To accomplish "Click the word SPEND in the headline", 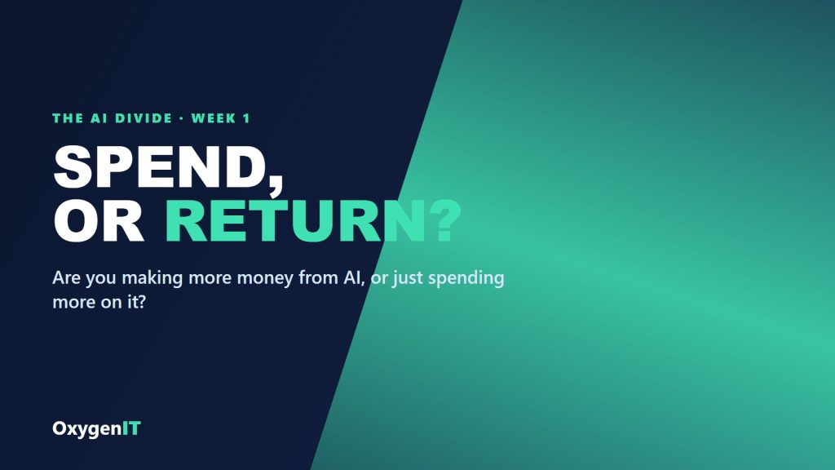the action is coord(159,166).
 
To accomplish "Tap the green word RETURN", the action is coord(296,221).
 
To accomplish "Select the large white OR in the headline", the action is coord(99,221).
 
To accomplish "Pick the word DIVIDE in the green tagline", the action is coord(144,118).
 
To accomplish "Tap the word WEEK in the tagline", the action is coord(214,118).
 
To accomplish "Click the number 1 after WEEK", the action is coord(246,118).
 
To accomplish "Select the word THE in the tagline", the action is coord(68,118).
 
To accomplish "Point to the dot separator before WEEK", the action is coord(182,118).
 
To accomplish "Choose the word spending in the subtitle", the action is coord(466,279).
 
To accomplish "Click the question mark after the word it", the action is coord(141,302).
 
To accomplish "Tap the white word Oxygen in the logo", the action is coord(86,429).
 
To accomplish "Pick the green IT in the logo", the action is coord(131,428).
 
